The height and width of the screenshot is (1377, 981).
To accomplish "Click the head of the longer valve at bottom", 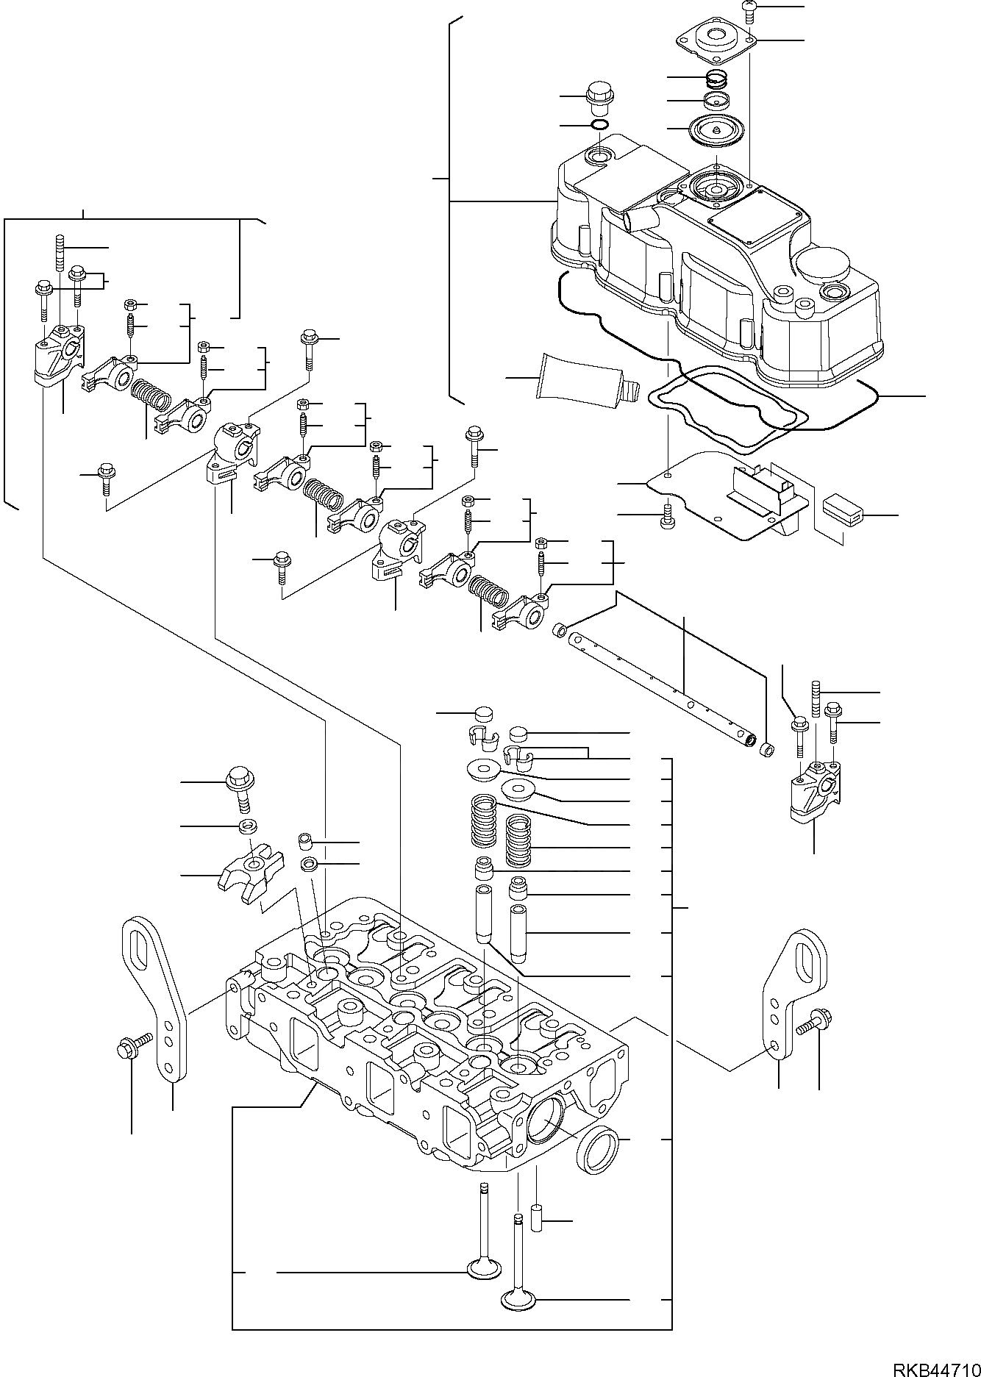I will click(x=520, y=1320).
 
